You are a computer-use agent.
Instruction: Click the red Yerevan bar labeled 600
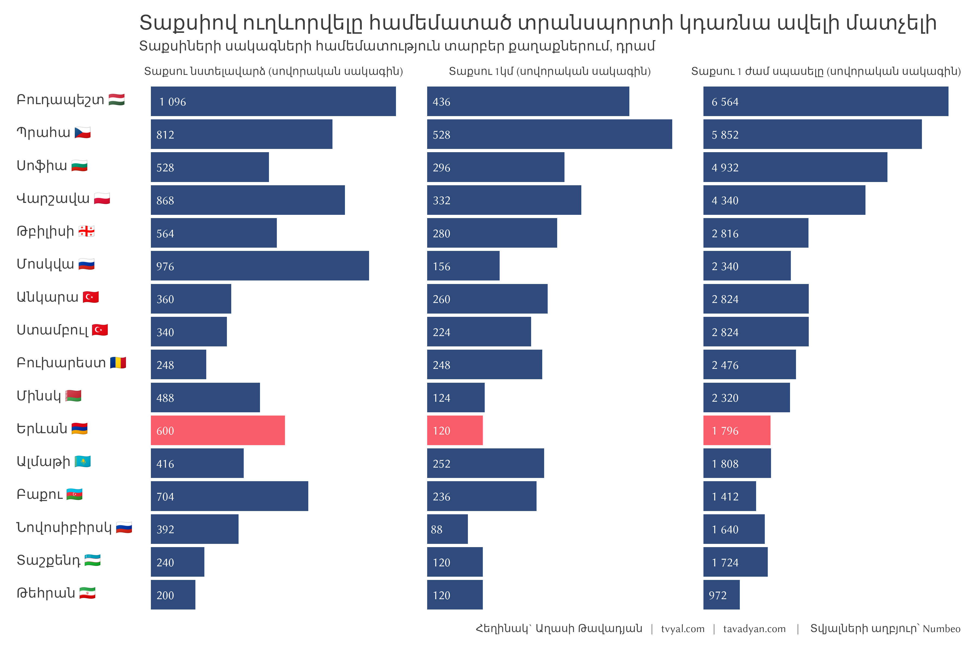tap(218, 430)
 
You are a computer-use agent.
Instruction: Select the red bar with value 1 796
tap(737, 430)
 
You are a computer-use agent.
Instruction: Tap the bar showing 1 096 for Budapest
tap(273, 101)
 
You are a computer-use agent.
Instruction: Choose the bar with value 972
tap(721, 595)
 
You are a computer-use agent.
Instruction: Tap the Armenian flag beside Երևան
tap(79, 429)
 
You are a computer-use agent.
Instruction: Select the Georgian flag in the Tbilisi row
tap(86, 231)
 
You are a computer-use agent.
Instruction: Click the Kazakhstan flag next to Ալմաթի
tap(83, 461)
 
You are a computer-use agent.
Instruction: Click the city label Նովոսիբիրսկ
tap(64, 527)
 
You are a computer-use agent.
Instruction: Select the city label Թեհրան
tap(46, 593)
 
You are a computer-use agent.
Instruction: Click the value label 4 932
tap(725, 167)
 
